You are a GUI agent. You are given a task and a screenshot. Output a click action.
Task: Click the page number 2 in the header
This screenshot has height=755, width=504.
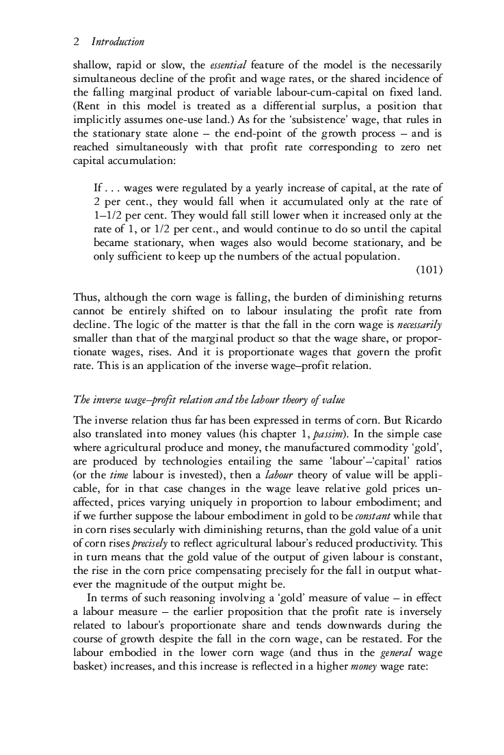coord(75,42)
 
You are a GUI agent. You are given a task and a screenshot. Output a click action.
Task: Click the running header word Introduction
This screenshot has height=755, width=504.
coord(118,42)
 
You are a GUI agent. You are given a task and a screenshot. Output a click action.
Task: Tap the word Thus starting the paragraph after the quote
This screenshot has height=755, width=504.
coord(84,297)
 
